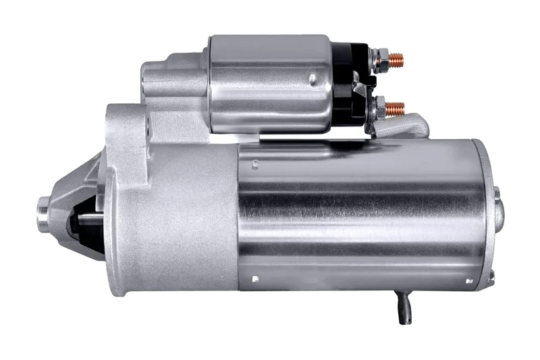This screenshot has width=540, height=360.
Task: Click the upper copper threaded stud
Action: tap(396, 60)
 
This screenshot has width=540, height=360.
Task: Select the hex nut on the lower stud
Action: tap(380, 106)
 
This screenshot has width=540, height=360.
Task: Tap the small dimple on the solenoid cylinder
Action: tap(312, 80)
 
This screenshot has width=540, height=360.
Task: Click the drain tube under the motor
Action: tap(404, 307)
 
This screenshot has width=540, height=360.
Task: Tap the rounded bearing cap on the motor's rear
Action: tap(499, 213)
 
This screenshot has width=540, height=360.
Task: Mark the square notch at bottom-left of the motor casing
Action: tap(254, 278)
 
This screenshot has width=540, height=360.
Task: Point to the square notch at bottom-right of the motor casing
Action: tap(468, 278)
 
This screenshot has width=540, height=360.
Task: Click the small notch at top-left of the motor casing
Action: tap(256, 162)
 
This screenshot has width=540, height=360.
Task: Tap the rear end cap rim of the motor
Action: tap(485, 216)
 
